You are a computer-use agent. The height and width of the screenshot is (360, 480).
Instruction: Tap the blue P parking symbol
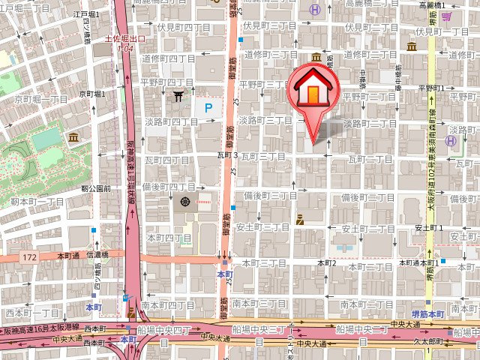pyautogui.click(x=209, y=109)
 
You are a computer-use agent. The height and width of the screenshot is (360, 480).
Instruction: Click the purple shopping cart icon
pyautogui.click(x=447, y=16)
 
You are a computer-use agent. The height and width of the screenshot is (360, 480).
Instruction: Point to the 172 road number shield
pyautogui.click(x=29, y=256)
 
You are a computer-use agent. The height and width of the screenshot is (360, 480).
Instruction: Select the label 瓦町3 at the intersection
pyautogui.click(x=226, y=155)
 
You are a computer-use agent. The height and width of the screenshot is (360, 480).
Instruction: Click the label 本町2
pyautogui.click(x=326, y=263)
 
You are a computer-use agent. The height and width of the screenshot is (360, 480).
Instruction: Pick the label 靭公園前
pyautogui.click(x=96, y=189)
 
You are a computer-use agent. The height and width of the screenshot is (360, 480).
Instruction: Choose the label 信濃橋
pyautogui.click(x=97, y=255)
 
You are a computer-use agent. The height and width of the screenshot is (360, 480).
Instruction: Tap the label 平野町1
pyautogui.click(x=432, y=88)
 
